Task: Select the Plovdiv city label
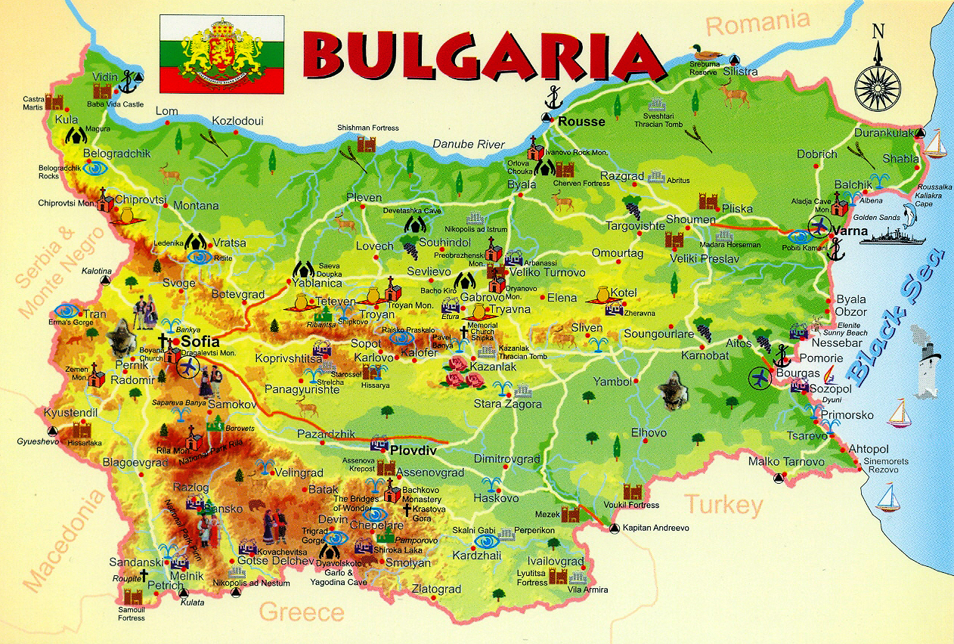point(414,450)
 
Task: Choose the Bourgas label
point(797,373)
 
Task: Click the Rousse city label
point(581,121)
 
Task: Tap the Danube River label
point(469,144)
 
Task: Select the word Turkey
point(723,504)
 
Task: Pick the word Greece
point(302,611)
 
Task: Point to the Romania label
point(757,23)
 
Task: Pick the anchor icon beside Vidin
point(134,79)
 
